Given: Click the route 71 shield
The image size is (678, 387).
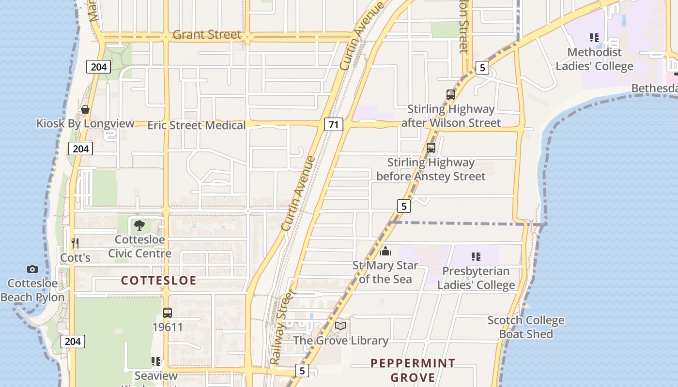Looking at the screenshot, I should [x=333, y=124].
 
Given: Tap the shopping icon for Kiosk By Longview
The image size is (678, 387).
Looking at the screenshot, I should [x=85, y=109].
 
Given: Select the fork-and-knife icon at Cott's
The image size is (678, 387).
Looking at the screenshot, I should [x=75, y=243].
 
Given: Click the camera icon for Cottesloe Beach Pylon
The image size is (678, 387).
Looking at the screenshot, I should [x=32, y=269].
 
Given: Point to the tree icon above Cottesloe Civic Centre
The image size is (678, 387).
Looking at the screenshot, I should [x=139, y=225].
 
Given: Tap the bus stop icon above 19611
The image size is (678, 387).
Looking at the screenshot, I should [x=168, y=313].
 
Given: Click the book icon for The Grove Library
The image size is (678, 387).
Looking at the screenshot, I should [x=340, y=326].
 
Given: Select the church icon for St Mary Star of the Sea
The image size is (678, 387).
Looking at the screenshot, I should [x=385, y=251].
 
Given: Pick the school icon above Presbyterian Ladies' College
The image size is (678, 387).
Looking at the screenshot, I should [x=476, y=256].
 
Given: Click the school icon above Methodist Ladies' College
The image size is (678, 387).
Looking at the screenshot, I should [x=594, y=38].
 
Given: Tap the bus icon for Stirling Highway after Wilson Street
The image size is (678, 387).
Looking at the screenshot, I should [x=451, y=94].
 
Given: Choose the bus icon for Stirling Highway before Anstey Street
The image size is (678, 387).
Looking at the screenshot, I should [x=431, y=148].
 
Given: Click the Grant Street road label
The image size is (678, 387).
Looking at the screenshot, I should [x=207, y=35].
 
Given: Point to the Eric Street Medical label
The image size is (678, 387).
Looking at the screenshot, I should [x=197, y=125].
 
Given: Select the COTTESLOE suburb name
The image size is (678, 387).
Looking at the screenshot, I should [x=159, y=281].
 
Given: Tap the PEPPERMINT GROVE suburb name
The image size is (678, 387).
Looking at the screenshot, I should [x=413, y=370].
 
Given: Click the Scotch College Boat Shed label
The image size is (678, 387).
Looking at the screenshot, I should [x=525, y=327].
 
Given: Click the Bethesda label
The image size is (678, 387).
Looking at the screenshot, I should [x=654, y=89].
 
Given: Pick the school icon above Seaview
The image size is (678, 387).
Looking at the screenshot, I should [x=156, y=361].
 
